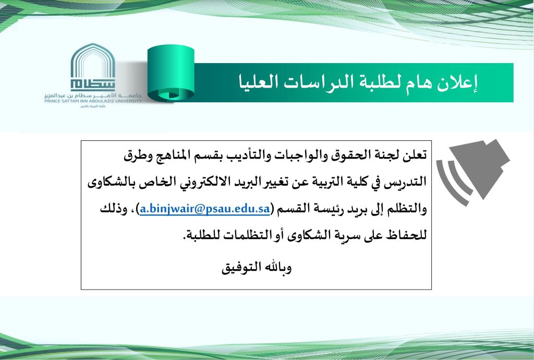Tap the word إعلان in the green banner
[x=461, y=82]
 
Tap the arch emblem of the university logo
[x=92, y=68]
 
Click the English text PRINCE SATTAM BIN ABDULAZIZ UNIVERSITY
[x=93, y=101]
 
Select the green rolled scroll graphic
[x=169, y=73]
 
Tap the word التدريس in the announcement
[x=407, y=182]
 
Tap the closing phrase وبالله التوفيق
[x=257, y=269]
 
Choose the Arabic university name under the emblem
[x=93, y=95]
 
